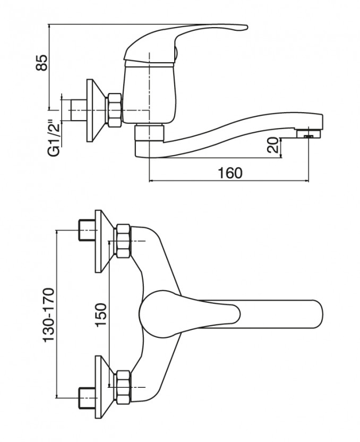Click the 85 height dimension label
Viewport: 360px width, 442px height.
point(41,63)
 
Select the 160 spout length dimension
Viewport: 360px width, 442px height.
point(230,173)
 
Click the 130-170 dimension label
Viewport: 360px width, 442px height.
point(48,315)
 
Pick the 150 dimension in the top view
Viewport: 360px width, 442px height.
point(101,315)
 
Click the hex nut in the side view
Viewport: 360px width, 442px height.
point(114,110)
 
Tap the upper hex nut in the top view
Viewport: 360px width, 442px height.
point(123,241)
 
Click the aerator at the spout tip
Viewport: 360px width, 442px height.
point(309,133)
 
